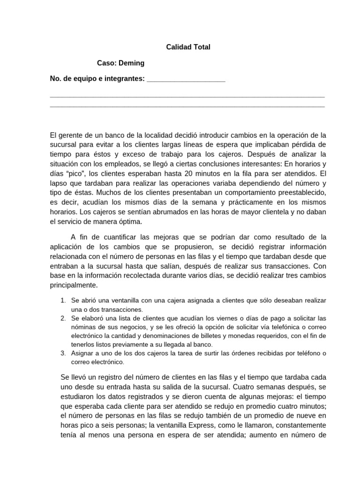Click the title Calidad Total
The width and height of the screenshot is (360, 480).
[188, 47]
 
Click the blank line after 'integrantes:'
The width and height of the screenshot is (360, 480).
[186, 79]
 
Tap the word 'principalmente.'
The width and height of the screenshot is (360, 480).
[74, 285]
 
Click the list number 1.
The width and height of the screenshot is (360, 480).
[63, 300]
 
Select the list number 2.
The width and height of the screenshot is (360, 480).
[63, 318]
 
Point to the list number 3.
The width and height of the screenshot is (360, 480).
[63, 353]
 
